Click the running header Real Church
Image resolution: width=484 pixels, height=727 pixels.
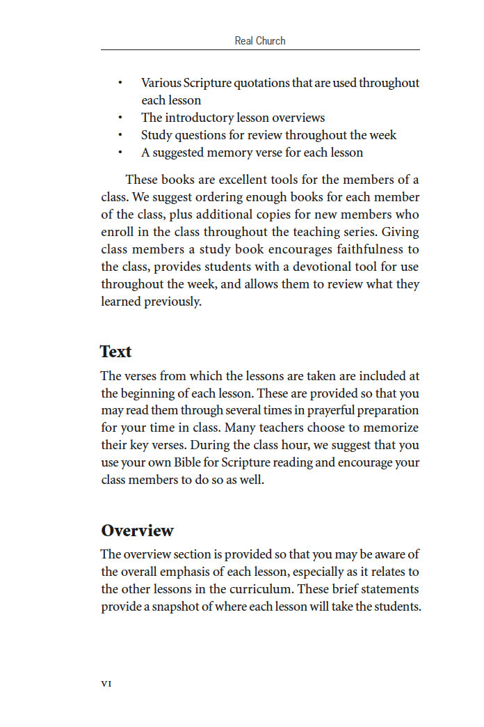tap(260, 41)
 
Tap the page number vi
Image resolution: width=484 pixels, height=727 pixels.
tap(106, 683)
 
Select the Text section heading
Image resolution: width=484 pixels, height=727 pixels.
tap(115, 352)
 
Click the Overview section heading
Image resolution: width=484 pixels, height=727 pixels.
tap(137, 531)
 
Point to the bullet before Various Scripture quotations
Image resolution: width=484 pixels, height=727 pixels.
tap(120, 84)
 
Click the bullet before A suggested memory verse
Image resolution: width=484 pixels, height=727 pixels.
tap(120, 153)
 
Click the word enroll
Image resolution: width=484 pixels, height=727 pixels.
tap(118, 233)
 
